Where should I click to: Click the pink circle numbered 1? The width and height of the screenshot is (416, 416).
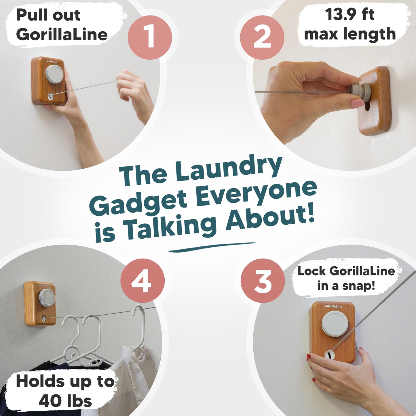point(150,37)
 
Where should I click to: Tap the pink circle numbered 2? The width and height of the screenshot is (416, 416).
point(262,37)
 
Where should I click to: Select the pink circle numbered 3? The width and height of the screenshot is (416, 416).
point(263,281)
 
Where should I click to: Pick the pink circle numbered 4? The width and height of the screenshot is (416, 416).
point(142,281)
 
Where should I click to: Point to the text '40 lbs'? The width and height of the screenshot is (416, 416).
point(65,401)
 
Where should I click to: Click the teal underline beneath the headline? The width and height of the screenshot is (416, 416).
point(212,247)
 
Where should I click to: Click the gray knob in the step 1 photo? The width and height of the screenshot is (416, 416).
point(54,74)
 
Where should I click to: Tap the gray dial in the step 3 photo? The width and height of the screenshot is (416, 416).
point(335,324)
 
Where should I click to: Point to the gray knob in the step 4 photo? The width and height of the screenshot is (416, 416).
point(47,297)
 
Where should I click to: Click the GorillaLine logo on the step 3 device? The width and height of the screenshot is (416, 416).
point(333,306)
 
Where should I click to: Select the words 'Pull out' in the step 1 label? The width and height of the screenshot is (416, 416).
point(48,15)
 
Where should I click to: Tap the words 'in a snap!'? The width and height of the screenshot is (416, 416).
point(346,286)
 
